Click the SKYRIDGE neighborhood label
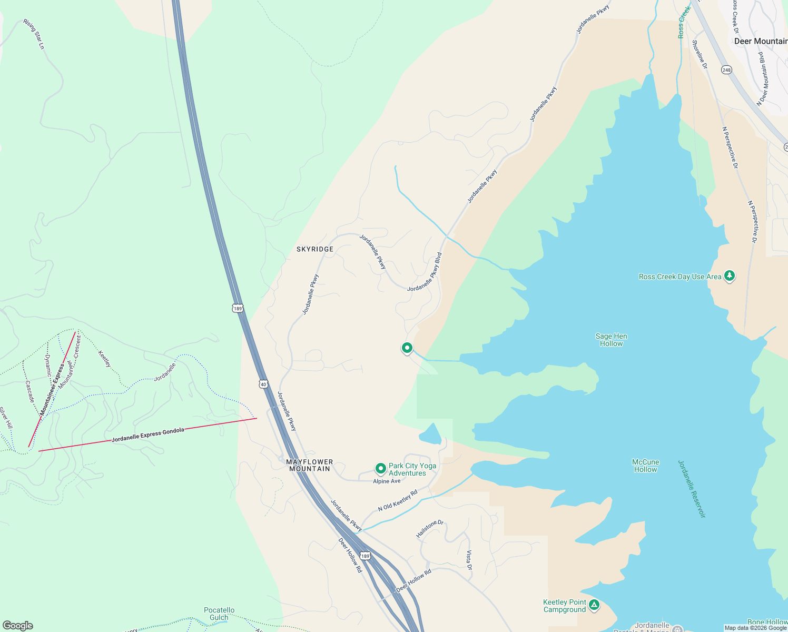pyautogui.click(x=315, y=249)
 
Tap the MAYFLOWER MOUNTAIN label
pyautogui.click(x=310, y=466)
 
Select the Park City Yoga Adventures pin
pyautogui.click(x=380, y=469)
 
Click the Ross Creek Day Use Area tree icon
pyautogui.click(x=729, y=276)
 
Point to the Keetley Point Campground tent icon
pyautogui.click(x=594, y=605)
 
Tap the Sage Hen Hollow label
pyautogui.click(x=611, y=340)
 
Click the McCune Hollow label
pyautogui.click(x=645, y=466)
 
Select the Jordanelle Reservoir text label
pyautogui.click(x=691, y=489)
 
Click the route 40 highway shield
pyautogui.click(x=263, y=384)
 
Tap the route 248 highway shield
pyautogui.click(x=727, y=70)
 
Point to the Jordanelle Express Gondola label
pyautogui.click(x=148, y=434)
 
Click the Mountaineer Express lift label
pyautogui.click(x=52, y=389)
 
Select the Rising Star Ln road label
pyautogui.click(x=34, y=34)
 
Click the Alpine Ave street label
pyautogui.click(x=387, y=481)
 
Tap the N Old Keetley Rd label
pyautogui.click(x=397, y=500)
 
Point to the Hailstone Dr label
pyautogui.click(x=430, y=529)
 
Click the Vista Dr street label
pyautogui.click(x=469, y=560)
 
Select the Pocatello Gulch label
pyautogui.click(x=219, y=614)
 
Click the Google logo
pyautogui.click(x=17, y=626)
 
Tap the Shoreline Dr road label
pyautogui.click(x=700, y=55)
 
